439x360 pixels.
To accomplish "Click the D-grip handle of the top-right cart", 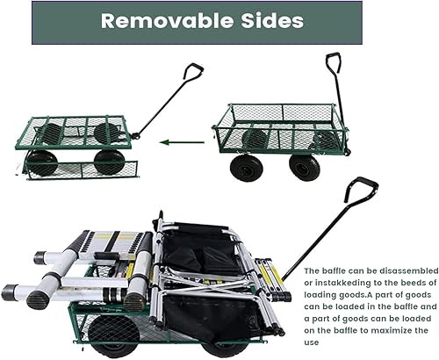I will click(x=333, y=62).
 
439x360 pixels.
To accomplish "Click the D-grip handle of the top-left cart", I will click(x=193, y=70).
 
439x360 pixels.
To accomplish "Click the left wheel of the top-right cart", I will click(x=246, y=166).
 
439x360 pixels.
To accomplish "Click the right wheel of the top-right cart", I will click(x=305, y=166).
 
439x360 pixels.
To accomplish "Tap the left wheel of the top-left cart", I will click(x=41, y=162).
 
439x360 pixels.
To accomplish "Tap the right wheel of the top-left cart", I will click(x=109, y=161).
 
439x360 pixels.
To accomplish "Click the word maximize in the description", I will click(x=389, y=330).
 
